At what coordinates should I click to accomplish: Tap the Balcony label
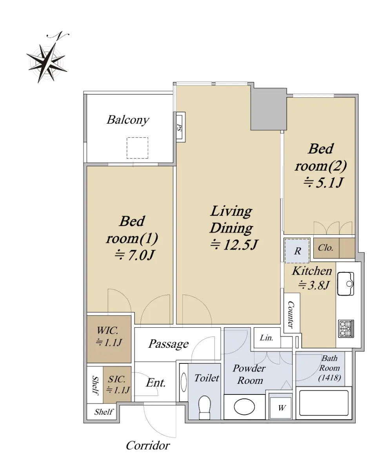[128, 120]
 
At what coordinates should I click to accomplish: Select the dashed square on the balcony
[137, 148]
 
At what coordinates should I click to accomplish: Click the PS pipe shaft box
[180, 127]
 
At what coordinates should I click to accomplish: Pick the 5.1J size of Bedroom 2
[323, 183]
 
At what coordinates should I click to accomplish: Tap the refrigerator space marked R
[297, 251]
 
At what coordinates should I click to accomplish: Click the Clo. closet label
[325, 248]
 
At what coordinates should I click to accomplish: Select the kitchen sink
[345, 284]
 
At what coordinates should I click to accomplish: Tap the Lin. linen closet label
[266, 338]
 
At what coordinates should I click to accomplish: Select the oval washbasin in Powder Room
[244, 407]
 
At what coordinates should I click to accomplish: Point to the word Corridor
[148, 445]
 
